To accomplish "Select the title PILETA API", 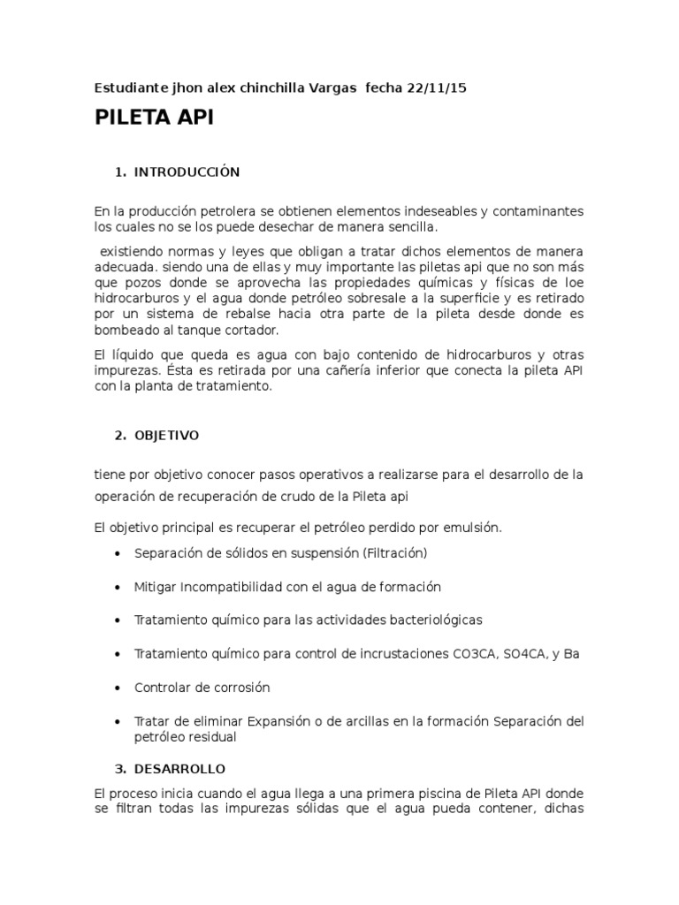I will pos(154,120).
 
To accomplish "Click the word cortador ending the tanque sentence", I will pos(248,331).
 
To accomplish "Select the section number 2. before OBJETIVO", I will pos(120,436).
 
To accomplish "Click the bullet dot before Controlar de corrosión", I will pos(118,688).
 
